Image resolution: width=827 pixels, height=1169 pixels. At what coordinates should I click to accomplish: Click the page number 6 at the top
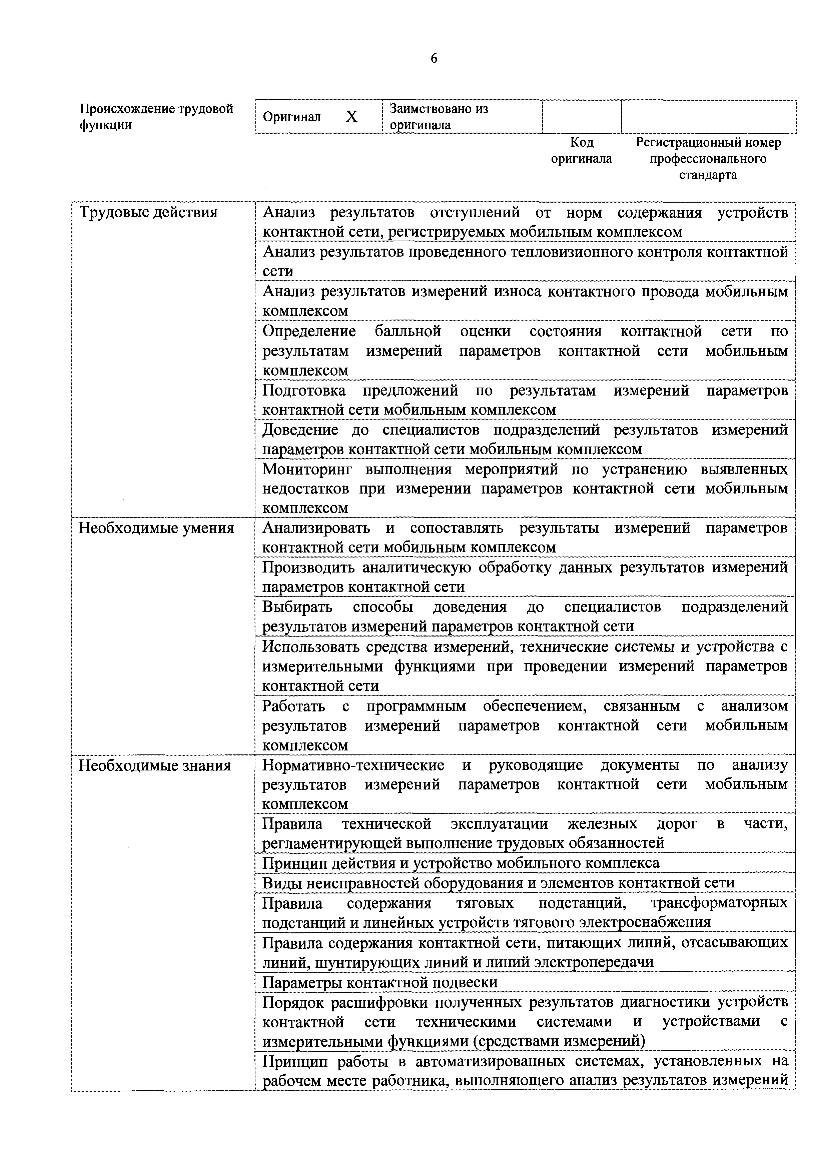coord(434,59)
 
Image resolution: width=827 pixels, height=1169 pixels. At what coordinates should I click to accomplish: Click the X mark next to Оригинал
coord(351,117)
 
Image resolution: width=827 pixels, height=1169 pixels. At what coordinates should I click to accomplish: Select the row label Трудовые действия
coord(148,212)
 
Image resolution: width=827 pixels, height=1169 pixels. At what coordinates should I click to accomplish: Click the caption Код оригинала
coord(581,150)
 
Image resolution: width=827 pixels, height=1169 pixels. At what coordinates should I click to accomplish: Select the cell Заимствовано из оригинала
coord(439,117)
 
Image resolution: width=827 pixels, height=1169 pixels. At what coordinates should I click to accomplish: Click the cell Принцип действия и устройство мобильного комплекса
coord(461,863)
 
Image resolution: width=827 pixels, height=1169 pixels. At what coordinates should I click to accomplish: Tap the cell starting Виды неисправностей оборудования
coord(498,883)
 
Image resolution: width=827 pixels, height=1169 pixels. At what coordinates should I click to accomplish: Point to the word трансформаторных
coord(719,903)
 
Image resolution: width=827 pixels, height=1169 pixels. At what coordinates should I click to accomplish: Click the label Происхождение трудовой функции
coord(156,117)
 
